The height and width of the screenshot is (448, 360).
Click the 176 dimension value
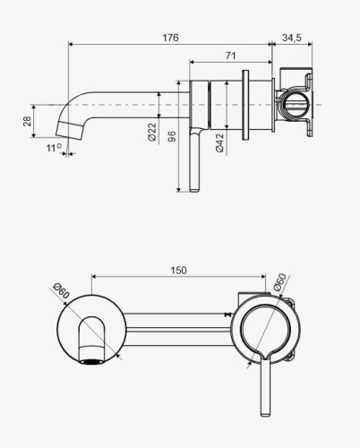point(170,38)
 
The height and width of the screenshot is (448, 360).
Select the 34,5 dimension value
point(292,38)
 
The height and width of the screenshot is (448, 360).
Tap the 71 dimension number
point(230,56)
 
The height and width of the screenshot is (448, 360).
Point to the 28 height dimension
point(27,121)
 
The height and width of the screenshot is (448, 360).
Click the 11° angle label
point(54,148)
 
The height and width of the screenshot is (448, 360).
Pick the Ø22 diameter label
point(152,132)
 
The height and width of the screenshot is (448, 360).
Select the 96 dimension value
point(172,136)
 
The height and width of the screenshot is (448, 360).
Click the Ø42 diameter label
point(219,142)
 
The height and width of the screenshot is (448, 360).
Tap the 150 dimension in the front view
point(178,271)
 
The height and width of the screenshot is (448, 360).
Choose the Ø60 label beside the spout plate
point(61,291)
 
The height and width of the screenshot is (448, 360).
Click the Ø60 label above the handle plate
point(279,282)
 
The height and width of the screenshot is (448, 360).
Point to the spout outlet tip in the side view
point(70,134)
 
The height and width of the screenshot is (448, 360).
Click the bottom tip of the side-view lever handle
point(194,191)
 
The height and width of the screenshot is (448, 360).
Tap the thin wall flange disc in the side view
point(245,105)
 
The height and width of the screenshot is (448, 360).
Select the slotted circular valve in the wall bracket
point(296,105)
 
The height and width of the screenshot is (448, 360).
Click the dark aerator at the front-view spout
point(92,362)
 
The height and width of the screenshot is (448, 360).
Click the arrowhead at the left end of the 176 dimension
point(71,44)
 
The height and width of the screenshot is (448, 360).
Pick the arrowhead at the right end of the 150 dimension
point(263,277)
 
